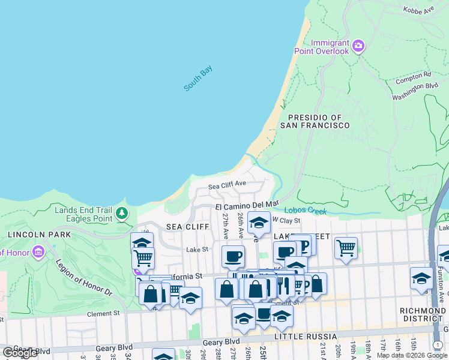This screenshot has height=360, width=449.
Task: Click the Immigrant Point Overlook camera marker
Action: point(358,46)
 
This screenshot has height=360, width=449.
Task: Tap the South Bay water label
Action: point(198,79)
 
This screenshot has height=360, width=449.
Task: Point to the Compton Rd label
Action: point(413,77)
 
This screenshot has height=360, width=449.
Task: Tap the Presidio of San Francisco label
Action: point(318,121)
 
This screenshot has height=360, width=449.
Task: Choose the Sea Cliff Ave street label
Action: point(227,185)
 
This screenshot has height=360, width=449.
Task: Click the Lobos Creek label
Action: point(305,211)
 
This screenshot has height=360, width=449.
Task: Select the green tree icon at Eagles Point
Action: point(122,212)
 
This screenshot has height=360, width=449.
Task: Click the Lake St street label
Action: point(196,249)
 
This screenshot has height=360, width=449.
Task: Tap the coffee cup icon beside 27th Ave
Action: point(233,256)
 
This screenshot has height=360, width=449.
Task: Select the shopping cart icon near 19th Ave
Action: point(346,247)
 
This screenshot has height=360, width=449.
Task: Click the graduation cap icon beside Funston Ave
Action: point(421,277)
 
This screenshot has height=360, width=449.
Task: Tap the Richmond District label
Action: point(423,315)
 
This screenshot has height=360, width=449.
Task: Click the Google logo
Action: point(20,353)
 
